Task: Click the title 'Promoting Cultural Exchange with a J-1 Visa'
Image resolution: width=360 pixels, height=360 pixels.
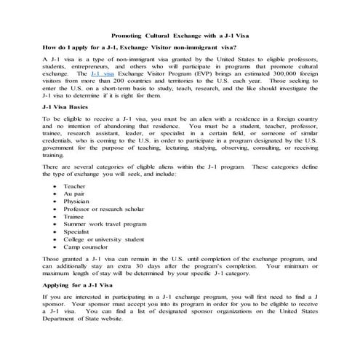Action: [180, 35]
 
